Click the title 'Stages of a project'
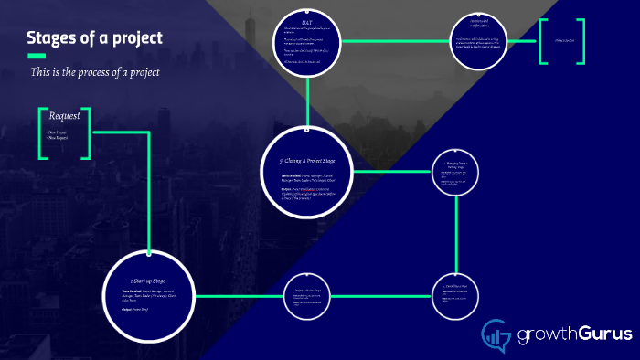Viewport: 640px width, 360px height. (x=95, y=37)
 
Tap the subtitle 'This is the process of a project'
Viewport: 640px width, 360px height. (x=95, y=71)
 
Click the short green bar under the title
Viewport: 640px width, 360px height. (x=37, y=56)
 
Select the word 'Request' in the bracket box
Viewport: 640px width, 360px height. (x=65, y=116)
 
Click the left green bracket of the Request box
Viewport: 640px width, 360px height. (x=42, y=134)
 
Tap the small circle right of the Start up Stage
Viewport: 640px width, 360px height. (x=306, y=296)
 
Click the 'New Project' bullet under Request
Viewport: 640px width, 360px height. (x=59, y=132)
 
